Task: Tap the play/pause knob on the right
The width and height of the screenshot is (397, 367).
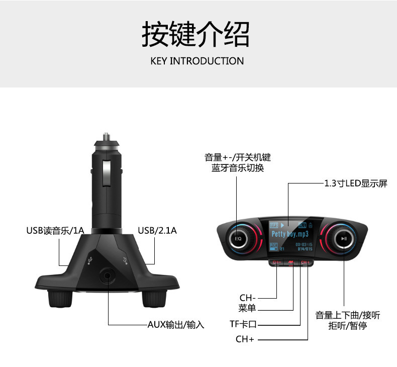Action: pos(343,239)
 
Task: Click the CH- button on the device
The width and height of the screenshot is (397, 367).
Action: pos(277,262)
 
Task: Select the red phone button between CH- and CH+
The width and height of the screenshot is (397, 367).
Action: pos(291,262)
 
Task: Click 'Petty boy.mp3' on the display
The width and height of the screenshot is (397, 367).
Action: pos(290,234)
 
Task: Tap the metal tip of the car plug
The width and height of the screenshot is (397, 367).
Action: pos(107,136)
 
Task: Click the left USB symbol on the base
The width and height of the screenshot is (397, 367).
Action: pos(89,260)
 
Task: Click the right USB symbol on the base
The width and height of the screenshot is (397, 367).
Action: pos(126,260)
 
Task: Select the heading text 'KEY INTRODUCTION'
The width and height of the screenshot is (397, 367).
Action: pos(197,61)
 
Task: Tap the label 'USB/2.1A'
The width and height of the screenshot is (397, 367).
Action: pos(157,231)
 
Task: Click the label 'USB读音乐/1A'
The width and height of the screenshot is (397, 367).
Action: pos(55,231)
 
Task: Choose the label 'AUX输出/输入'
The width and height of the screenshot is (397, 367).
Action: pos(176,325)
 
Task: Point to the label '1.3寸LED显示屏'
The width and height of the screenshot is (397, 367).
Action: pos(356,183)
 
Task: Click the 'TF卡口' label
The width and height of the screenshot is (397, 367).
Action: pos(243,324)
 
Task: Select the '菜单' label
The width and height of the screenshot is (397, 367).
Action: pos(247,308)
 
